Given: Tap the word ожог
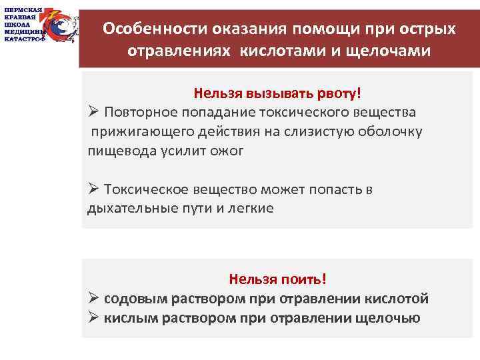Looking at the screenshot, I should (228, 151).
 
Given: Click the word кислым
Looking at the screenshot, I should (129, 318).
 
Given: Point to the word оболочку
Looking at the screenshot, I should (390, 131).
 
